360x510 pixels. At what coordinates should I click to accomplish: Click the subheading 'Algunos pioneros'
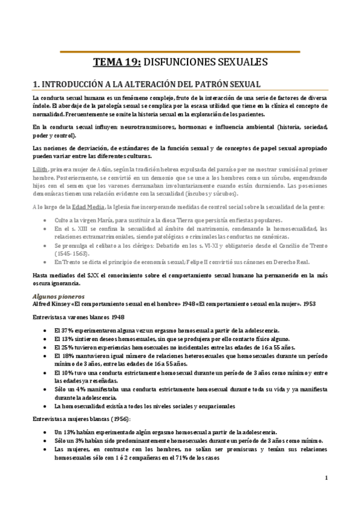(58, 296)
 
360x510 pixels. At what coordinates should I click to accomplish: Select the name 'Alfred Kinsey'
(51, 304)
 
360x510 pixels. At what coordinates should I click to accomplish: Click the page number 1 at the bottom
(325, 479)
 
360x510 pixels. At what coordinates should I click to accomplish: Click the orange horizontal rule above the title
(180, 51)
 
